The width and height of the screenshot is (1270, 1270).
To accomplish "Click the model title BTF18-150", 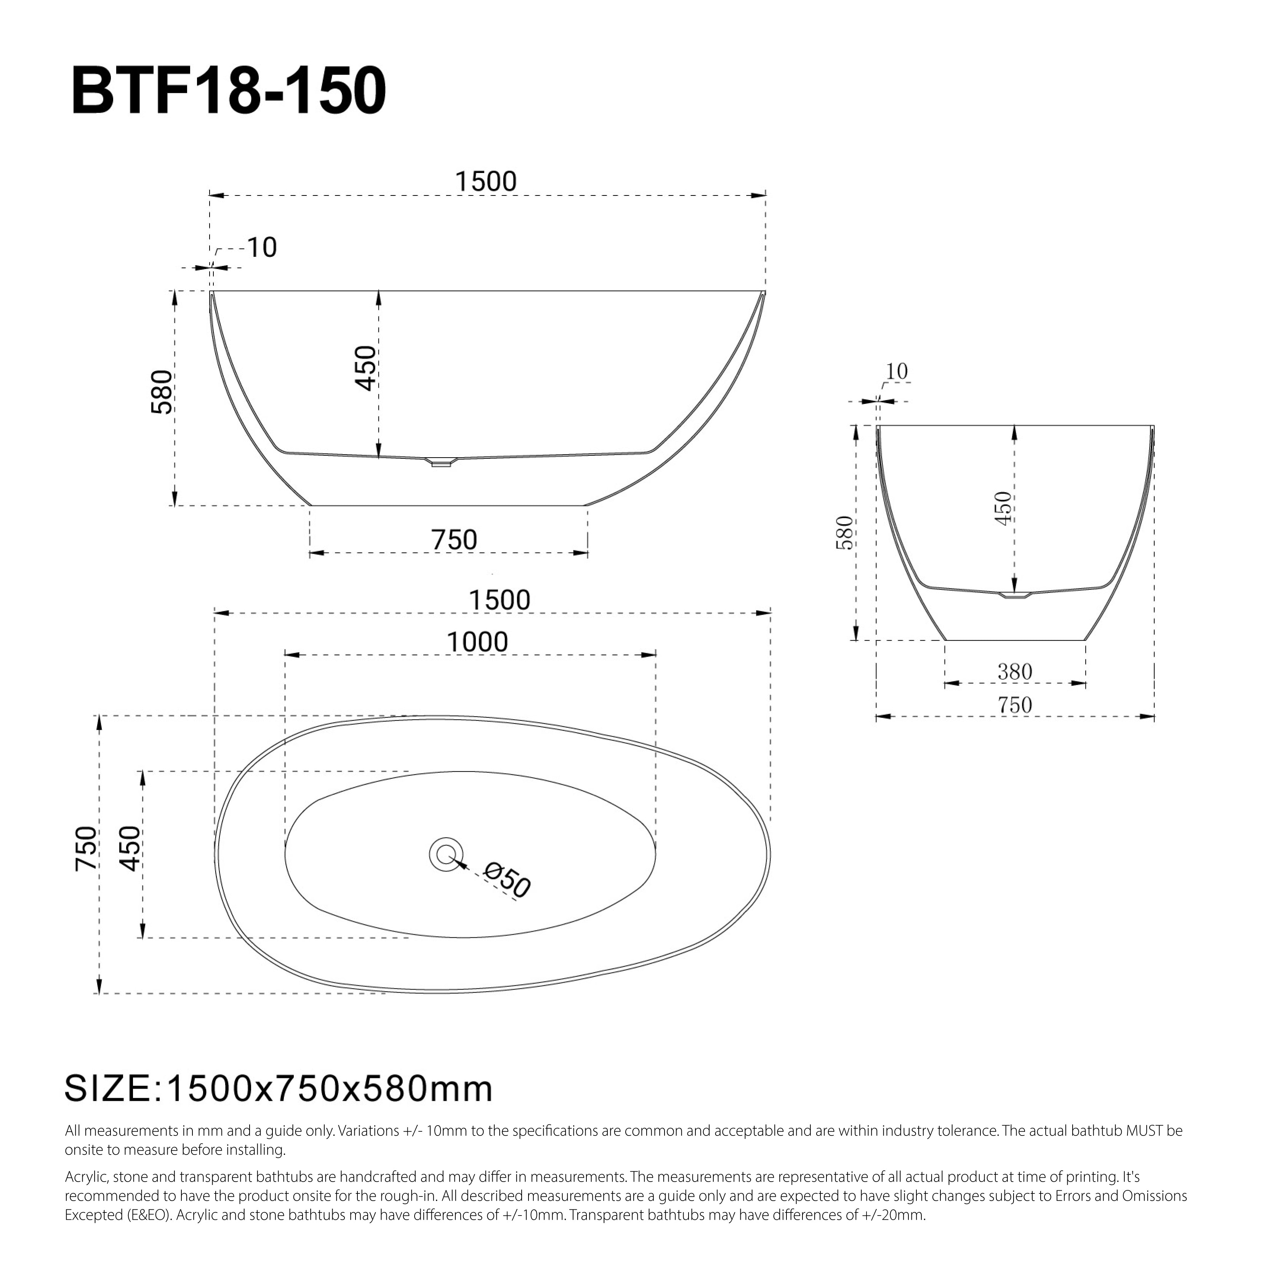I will click(x=228, y=91).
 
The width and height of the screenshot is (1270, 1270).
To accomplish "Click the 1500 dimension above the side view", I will click(x=487, y=181).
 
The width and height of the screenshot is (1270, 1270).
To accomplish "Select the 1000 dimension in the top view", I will click(x=477, y=642).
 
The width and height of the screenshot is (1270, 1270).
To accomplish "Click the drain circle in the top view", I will click(x=446, y=854).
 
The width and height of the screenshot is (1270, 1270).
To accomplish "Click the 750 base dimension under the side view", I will click(x=454, y=540).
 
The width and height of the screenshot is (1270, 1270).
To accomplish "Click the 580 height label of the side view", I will click(x=162, y=392).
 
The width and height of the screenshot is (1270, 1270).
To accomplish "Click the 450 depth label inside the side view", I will click(x=365, y=368).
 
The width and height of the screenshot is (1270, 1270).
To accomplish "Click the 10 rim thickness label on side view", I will click(x=262, y=248).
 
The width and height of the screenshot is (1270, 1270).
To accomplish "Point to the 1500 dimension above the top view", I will click(x=500, y=600).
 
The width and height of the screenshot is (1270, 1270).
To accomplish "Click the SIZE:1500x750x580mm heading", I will click(x=279, y=1089).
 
